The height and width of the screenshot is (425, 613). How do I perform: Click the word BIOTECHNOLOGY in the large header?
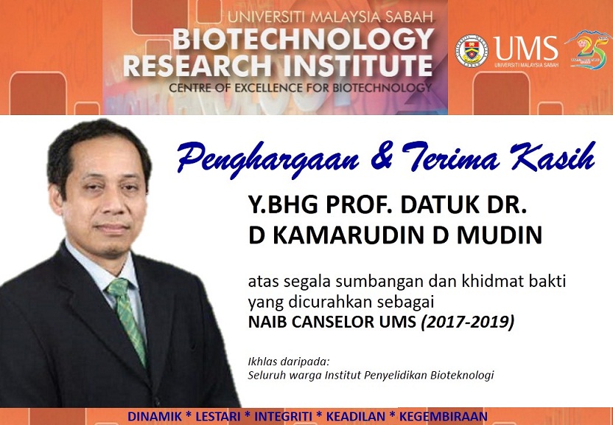point(304,39)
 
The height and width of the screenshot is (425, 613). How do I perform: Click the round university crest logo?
point(472,51)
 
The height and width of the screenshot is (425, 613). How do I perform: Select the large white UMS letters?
point(526,48)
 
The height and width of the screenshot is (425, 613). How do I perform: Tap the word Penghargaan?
point(268,159)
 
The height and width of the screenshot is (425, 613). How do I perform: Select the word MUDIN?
point(500,235)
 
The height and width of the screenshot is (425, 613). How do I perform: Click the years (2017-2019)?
point(468,322)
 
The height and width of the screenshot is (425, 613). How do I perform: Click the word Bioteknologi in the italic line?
point(462,376)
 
